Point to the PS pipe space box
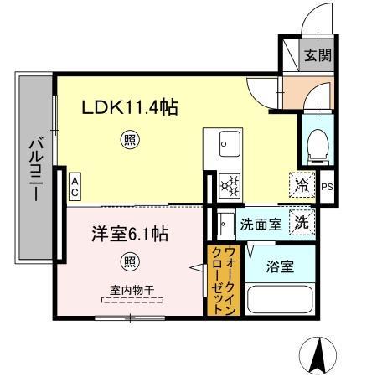point(327,187)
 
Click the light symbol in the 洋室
point(129,260)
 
